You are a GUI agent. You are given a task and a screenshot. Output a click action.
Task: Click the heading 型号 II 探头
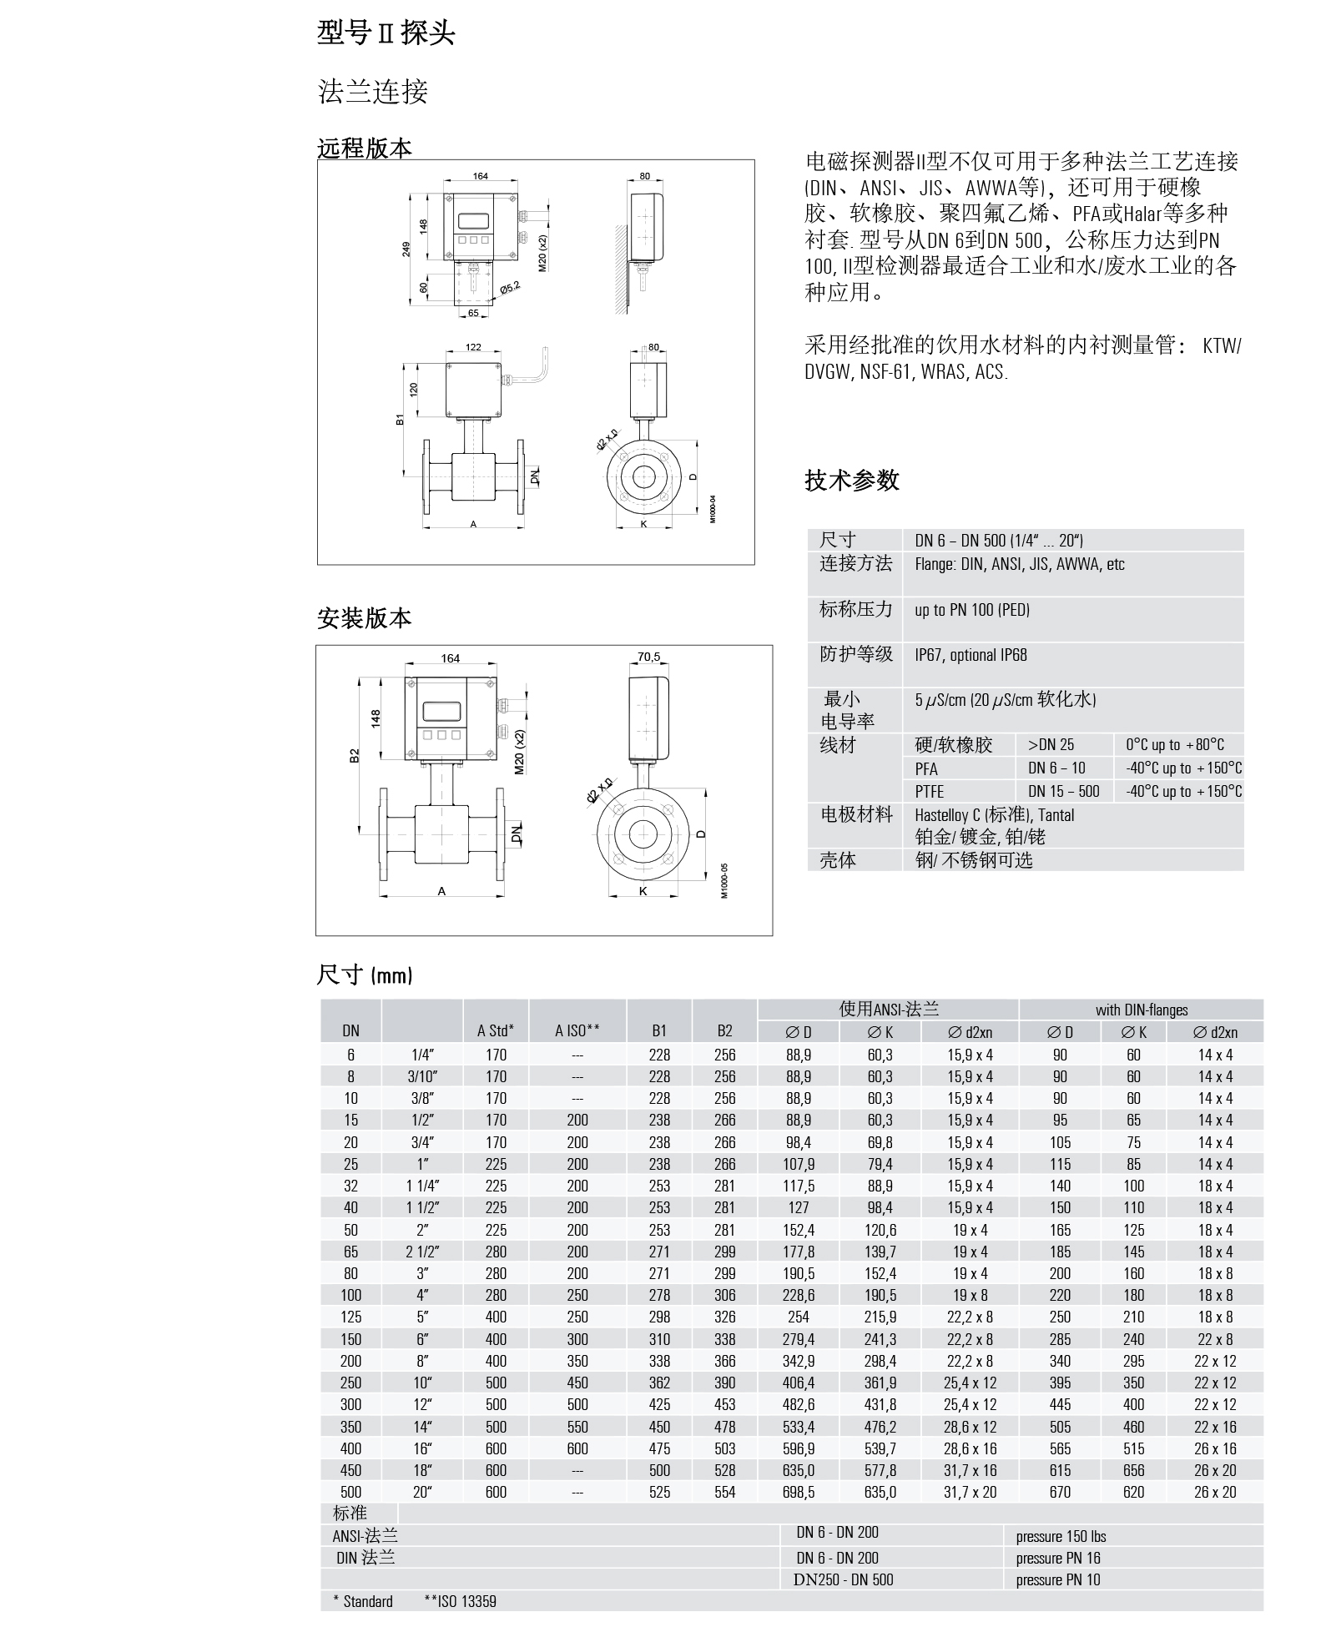(386, 33)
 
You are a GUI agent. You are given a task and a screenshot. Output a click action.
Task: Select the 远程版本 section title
(365, 149)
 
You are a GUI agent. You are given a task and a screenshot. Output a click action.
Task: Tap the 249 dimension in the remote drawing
(406, 249)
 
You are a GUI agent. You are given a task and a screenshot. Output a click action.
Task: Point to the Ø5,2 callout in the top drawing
(510, 288)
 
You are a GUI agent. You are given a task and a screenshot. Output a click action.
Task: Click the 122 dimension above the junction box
(473, 347)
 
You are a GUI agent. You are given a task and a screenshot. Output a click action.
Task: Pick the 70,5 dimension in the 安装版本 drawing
(648, 657)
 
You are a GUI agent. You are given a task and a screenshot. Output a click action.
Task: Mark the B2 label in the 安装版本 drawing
(355, 754)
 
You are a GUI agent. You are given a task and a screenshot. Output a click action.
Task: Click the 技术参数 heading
(851, 480)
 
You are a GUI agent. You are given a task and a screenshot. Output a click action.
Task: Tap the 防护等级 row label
(855, 655)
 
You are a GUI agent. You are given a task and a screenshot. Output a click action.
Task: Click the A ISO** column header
(577, 1030)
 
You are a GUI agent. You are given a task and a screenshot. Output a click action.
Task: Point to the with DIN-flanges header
(1141, 1010)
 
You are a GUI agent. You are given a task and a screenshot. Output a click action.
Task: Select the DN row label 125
(350, 1317)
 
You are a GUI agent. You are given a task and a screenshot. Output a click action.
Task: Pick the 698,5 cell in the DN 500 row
(799, 1492)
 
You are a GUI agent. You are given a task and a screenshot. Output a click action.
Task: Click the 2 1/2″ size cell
(422, 1252)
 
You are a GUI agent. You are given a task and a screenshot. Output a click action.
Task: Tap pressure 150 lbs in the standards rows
(1061, 1537)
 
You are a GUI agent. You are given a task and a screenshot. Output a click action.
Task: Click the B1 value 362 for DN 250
(659, 1383)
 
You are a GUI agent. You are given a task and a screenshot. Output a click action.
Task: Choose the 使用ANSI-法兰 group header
(888, 1010)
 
